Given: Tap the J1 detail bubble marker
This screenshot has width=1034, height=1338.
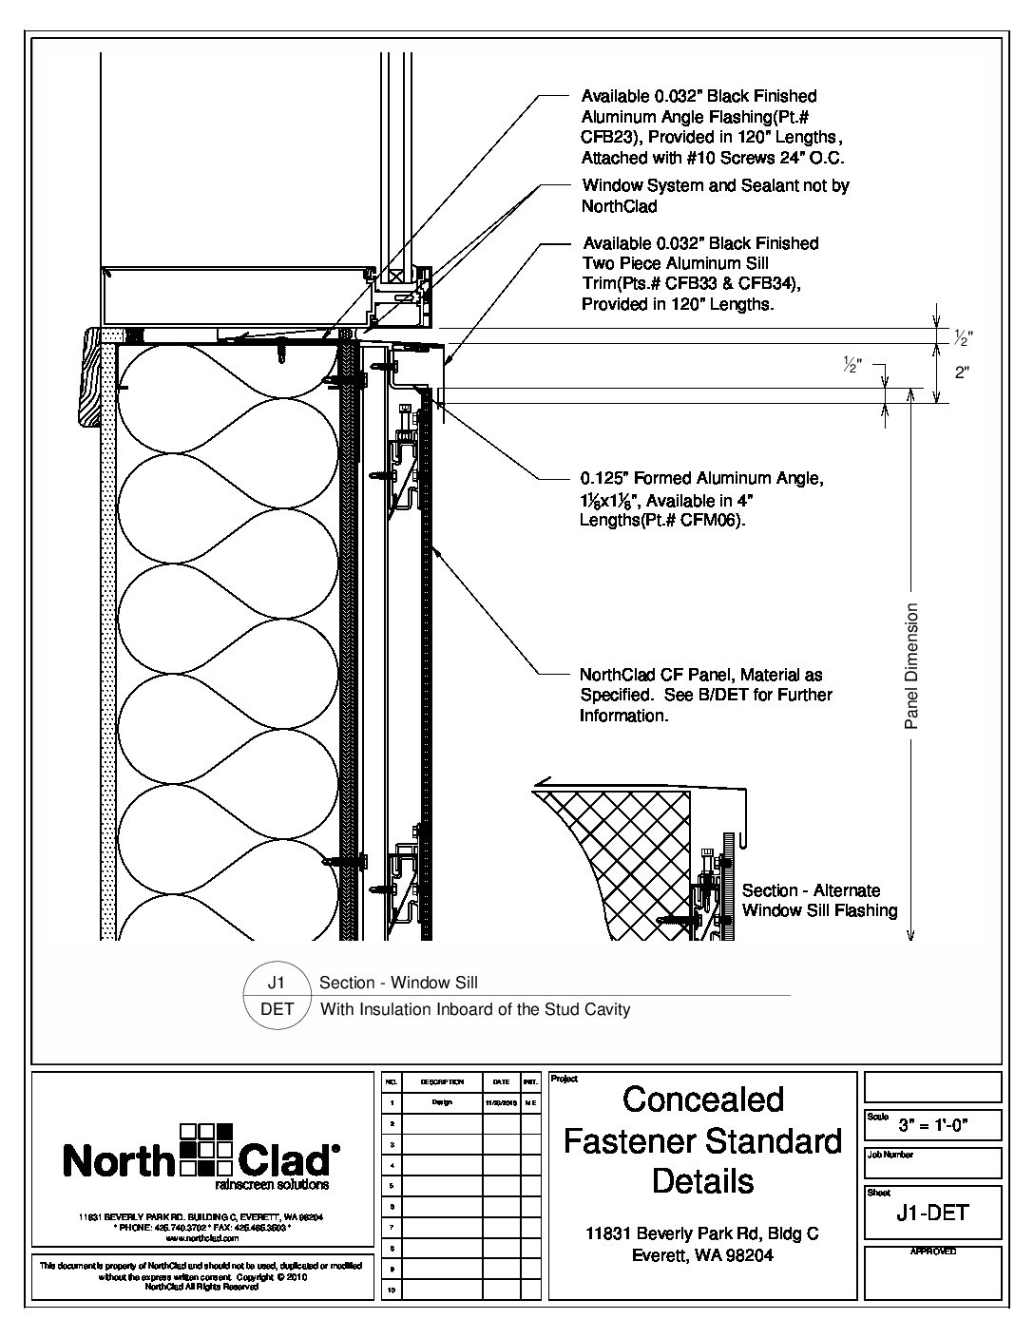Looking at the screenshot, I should tap(278, 984).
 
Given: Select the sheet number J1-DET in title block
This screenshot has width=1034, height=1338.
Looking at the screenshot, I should tap(932, 1212).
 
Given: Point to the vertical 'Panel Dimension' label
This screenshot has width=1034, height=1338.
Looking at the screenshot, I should tap(911, 666).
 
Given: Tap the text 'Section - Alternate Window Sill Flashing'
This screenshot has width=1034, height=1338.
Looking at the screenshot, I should tap(818, 900).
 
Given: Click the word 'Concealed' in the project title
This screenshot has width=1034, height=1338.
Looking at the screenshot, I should tap(703, 1099).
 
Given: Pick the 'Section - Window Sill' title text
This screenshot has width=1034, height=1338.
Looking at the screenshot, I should tap(398, 983).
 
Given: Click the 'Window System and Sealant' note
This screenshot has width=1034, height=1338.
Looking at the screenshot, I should tap(715, 185).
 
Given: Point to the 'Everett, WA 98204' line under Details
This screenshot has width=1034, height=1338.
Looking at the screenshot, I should tap(703, 1255).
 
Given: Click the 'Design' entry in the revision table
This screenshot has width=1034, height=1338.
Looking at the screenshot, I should tap(442, 1103).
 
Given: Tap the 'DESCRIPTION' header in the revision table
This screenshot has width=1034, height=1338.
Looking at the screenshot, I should tap(442, 1081).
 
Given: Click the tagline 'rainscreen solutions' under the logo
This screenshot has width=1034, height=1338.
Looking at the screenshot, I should tap(273, 1185).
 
